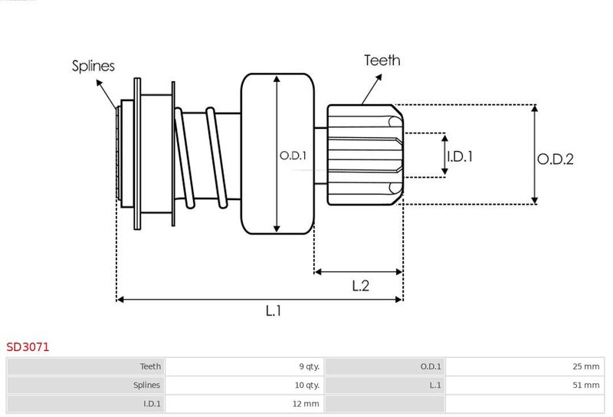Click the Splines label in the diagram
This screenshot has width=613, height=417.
(93, 66)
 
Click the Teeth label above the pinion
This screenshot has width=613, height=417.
(382, 61)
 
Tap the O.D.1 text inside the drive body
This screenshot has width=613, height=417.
(293, 156)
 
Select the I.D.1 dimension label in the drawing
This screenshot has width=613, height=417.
(460, 156)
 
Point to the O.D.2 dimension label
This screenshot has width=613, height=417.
(556, 159)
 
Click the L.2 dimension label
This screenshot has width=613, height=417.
(360, 286)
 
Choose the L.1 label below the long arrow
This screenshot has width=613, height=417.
(274, 310)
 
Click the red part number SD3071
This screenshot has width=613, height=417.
(28, 347)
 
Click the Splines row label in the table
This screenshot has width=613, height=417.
(146, 386)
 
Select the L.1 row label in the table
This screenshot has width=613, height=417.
(435, 386)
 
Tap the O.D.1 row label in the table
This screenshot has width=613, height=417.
(431, 366)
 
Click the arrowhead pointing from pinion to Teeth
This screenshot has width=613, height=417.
(379, 77)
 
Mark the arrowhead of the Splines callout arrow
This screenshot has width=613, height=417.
(100, 83)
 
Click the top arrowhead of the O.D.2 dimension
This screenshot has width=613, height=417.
(535, 108)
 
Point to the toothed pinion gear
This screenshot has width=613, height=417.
(366, 155)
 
